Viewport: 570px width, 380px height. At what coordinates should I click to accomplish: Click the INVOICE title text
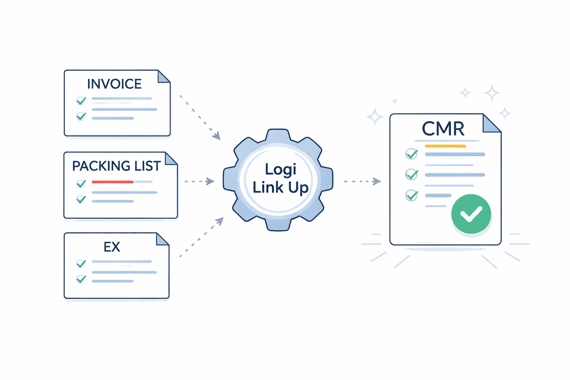[114, 84]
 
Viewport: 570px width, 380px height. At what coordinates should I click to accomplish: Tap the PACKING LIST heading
[116, 166]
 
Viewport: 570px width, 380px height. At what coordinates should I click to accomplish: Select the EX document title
[112, 247]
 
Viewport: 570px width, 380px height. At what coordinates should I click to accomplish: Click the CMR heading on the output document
[443, 129]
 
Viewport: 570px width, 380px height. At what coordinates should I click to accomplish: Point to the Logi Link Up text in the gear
[281, 178]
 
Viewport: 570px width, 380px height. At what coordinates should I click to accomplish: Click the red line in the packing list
[112, 182]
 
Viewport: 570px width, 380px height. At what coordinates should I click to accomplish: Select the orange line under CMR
[445, 146]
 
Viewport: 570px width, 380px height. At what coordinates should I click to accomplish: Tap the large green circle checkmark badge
[471, 214]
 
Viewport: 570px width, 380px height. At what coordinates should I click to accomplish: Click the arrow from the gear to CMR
[362, 181]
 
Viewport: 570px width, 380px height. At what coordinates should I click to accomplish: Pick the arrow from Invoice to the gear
[200, 118]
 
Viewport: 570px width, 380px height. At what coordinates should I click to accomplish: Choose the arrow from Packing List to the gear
[199, 181]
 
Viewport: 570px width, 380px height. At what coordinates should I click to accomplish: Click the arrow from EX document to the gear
[202, 237]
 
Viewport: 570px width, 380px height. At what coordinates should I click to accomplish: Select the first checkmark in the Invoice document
[81, 101]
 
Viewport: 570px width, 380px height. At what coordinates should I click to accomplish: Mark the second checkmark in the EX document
[81, 279]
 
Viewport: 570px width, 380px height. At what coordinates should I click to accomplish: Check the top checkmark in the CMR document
[412, 154]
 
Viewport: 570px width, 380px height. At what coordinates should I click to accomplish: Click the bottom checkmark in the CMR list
[412, 195]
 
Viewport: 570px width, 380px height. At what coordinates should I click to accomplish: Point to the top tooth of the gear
[278, 135]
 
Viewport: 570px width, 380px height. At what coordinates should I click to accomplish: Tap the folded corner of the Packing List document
[170, 159]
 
